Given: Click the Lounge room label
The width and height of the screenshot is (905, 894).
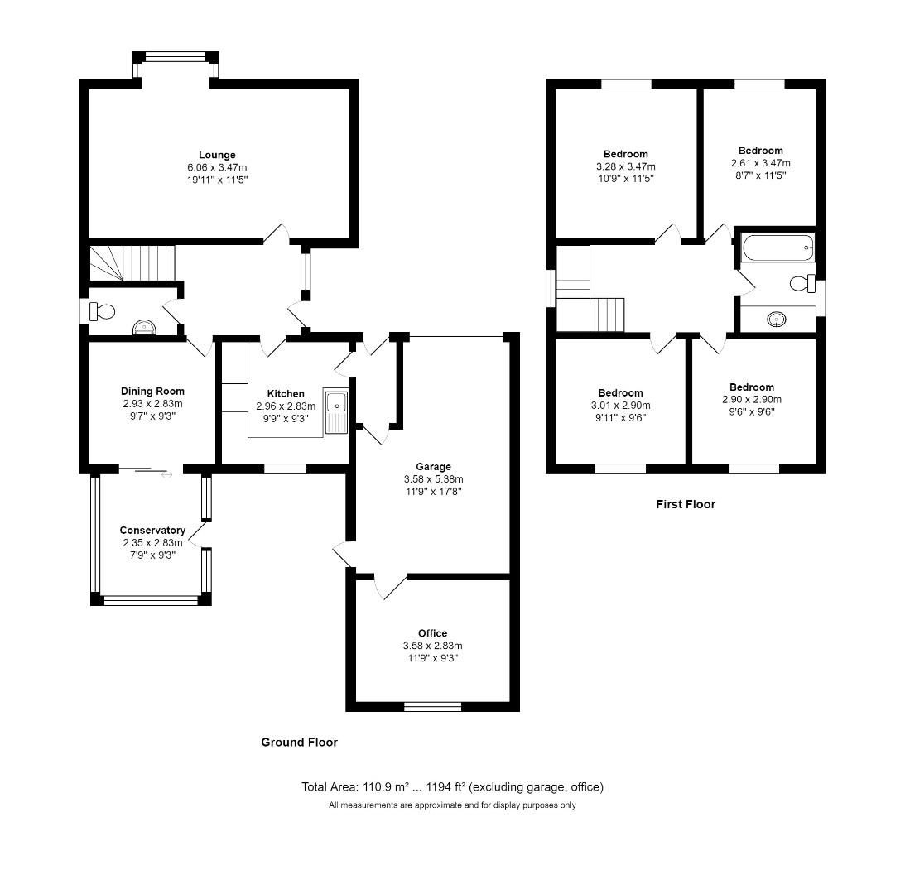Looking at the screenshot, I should click(x=217, y=155).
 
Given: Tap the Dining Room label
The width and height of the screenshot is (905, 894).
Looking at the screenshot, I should click(x=152, y=392).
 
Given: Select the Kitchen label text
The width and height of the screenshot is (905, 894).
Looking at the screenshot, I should click(x=286, y=394).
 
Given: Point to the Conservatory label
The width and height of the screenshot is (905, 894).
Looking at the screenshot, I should click(x=152, y=531).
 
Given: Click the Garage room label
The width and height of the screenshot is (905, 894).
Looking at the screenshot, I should click(x=433, y=467).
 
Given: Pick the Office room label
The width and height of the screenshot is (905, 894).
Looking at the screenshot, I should click(x=432, y=633).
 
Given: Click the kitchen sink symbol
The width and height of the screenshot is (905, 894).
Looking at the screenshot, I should click(x=337, y=404).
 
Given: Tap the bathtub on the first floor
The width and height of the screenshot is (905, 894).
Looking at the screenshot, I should click(x=778, y=248).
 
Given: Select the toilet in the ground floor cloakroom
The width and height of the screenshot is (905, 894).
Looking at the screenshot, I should click(x=103, y=311).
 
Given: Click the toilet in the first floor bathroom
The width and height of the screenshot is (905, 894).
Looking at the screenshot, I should click(x=800, y=284).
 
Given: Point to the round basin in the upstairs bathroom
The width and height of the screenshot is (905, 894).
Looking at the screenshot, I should click(x=777, y=319).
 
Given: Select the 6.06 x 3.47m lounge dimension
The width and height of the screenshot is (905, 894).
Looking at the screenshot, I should click(x=217, y=167).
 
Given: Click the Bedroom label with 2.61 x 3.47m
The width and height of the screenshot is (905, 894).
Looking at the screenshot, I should click(x=760, y=151).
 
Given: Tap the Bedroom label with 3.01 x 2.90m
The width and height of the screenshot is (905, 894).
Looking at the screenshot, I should click(x=620, y=393).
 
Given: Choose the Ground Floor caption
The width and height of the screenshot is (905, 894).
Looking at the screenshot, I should click(x=299, y=743).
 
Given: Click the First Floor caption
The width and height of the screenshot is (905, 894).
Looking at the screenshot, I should click(x=685, y=504).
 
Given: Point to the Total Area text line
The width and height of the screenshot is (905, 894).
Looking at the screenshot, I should click(x=452, y=787).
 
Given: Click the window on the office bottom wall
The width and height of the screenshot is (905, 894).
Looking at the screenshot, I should click(x=432, y=706).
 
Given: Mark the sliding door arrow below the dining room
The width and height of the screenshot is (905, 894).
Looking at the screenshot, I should click(x=166, y=475).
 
